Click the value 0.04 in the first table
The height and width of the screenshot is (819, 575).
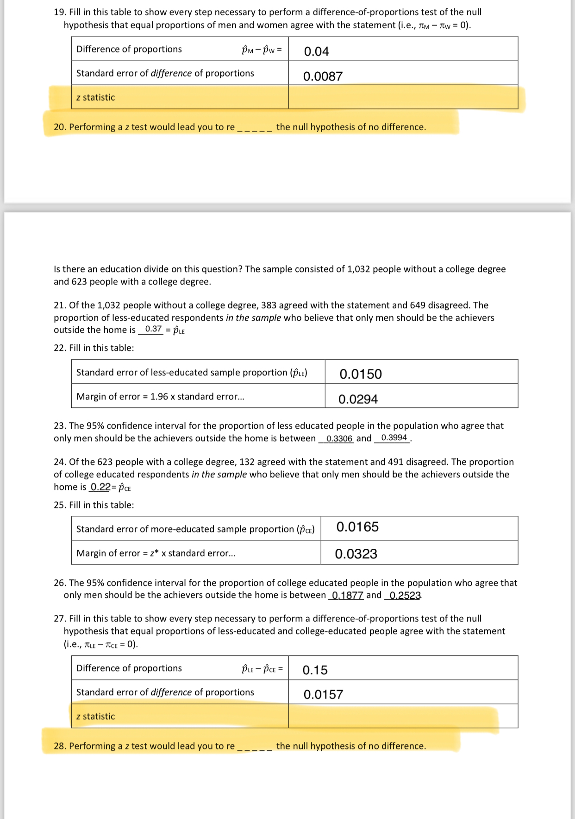[x=316, y=51]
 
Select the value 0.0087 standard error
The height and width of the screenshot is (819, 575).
[x=323, y=76]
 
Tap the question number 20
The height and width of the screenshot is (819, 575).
[x=60, y=127]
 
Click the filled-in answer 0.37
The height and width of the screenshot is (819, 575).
[x=153, y=329]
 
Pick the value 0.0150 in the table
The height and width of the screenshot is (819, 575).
[x=361, y=374]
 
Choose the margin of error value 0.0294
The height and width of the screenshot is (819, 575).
[x=358, y=399]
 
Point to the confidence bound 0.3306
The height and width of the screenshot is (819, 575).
[x=339, y=438]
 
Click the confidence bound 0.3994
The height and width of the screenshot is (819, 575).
[x=394, y=438]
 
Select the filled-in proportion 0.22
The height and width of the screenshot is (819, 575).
[x=100, y=487]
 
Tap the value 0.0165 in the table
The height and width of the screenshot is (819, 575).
[x=357, y=527]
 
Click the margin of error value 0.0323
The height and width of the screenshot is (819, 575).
[x=356, y=554]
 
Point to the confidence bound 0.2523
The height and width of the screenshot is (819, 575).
[x=405, y=596]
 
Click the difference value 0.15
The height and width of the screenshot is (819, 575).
[x=315, y=670]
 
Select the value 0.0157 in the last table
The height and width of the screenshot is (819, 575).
[x=323, y=694]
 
